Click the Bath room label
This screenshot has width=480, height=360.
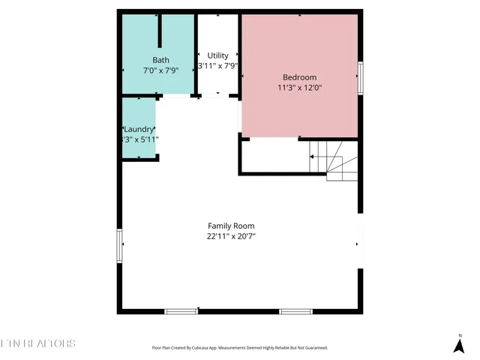(161, 60)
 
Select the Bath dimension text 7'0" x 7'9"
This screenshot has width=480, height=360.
(160, 70)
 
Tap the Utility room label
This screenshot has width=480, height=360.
(217, 55)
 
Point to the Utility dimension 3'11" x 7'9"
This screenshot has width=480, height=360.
(217, 66)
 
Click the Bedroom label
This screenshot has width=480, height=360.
(299, 77)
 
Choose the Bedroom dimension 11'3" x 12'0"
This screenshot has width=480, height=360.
(299, 88)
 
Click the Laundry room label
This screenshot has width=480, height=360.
(139, 129)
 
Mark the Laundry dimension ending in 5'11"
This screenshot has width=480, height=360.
(140, 139)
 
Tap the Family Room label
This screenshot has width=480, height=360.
(231, 226)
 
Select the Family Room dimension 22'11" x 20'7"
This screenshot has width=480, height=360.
(231, 236)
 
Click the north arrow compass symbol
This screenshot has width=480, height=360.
(459, 345)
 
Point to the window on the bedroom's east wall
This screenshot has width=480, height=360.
(361, 76)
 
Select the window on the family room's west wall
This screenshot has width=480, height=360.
(119, 246)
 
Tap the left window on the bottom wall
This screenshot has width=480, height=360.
(181, 310)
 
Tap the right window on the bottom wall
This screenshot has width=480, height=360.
(295, 310)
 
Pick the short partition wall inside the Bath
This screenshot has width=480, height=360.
(160, 31)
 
